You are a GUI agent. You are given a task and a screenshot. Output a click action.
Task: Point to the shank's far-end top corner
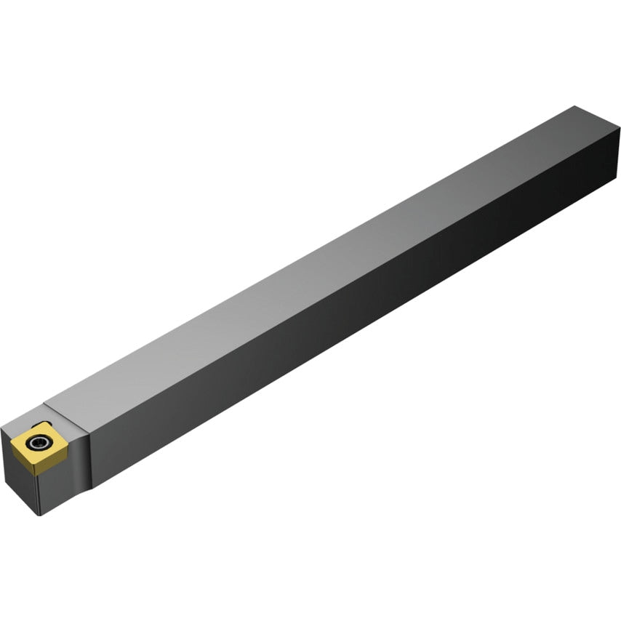pos(574,107)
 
